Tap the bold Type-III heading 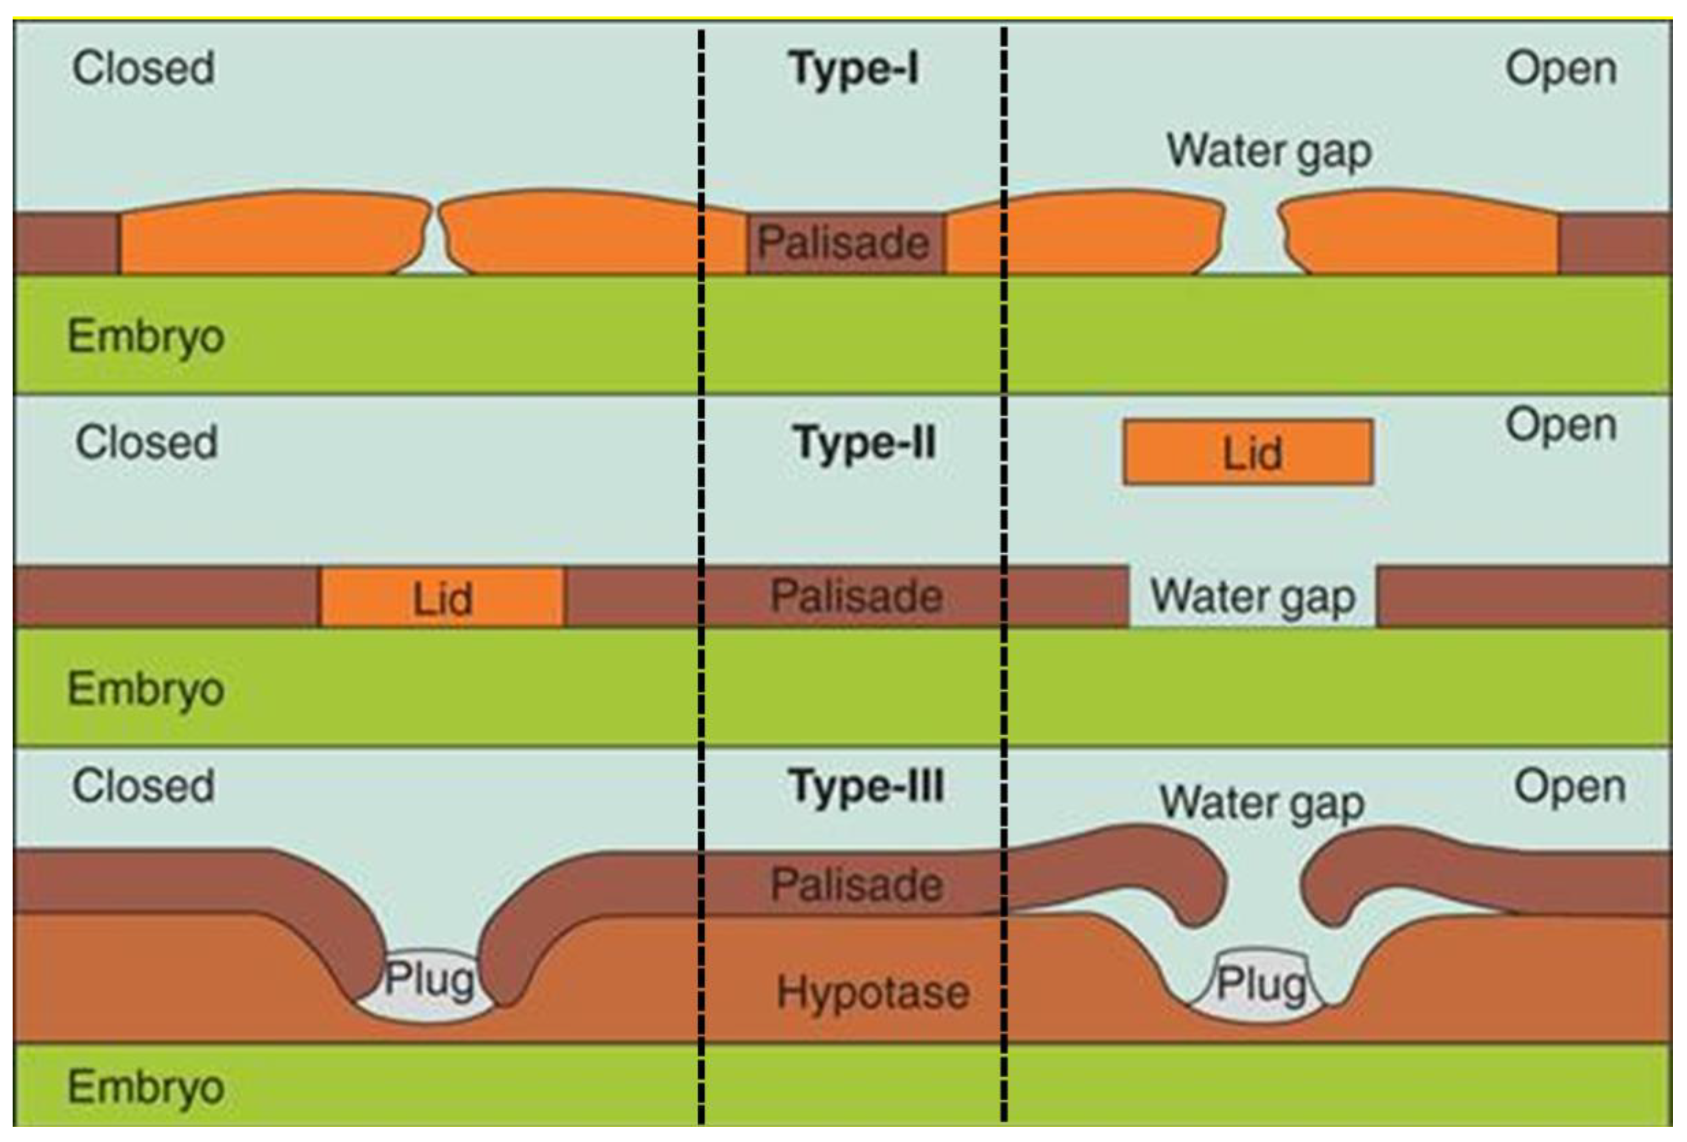point(866,786)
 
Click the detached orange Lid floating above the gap point(1248,452)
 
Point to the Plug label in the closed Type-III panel point(429,979)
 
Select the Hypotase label point(873,992)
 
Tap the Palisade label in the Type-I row point(843,242)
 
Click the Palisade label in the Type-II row point(856,597)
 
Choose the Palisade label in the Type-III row point(857,884)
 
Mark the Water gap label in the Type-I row point(1268,151)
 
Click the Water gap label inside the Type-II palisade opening point(1252,597)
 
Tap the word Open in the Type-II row point(1561,425)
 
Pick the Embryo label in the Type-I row point(146,337)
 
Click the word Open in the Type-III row point(1569,786)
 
